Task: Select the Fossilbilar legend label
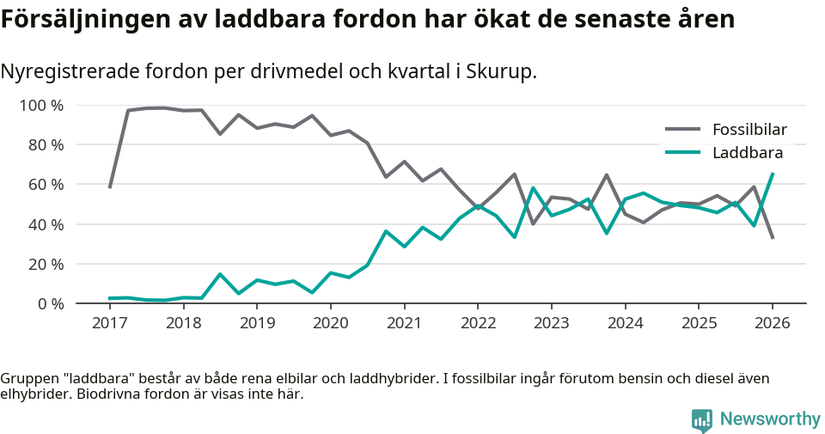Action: point(749,131)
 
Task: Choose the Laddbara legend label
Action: point(747,153)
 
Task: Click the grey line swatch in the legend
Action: point(683,131)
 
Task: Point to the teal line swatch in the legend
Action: point(683,153)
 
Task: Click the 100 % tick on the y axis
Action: point(41,106)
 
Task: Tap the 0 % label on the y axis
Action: point(49,303)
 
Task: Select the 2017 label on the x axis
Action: point(109,323)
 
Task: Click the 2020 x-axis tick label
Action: point(330,323)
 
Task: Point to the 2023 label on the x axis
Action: point(551,323)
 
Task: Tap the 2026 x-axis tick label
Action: point(772,323)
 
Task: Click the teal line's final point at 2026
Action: point(773,174)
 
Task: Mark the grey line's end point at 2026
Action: point(773,238)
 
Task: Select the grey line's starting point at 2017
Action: point(110,187)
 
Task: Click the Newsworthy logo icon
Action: point(702,419)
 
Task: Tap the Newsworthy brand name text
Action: point(770,419)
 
